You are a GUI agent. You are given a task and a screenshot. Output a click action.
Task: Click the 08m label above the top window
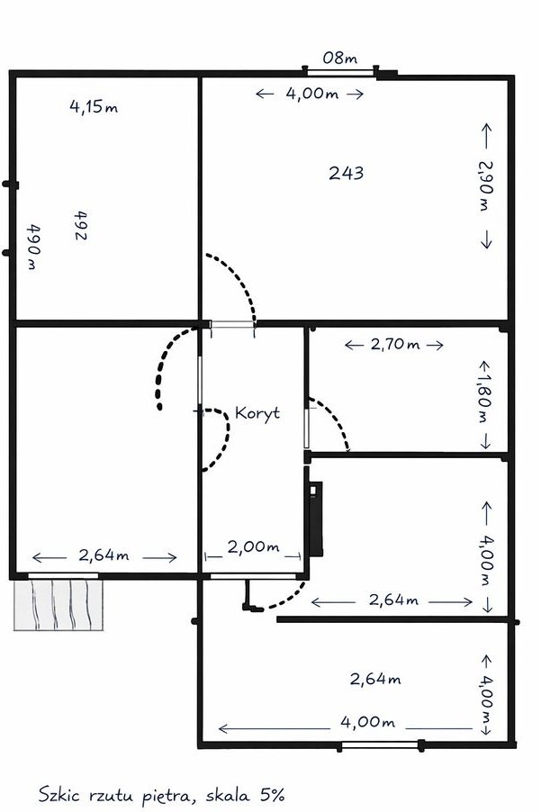(339, 58)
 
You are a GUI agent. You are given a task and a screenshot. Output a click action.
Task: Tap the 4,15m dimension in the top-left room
(94, 107)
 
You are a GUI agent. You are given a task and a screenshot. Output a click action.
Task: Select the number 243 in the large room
(347, 173)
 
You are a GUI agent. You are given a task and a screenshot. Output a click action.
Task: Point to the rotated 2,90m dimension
(485, 186)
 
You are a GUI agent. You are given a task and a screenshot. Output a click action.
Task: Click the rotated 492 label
(81, 225)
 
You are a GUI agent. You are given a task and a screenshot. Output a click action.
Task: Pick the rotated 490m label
(33, 247)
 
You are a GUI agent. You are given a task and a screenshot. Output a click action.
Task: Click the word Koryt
(257, 413)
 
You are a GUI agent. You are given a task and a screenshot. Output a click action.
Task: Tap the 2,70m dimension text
(394, 344)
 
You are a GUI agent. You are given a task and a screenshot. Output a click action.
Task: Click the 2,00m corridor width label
(253, 546)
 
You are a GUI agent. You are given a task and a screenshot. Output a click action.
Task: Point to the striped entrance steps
(59, 604)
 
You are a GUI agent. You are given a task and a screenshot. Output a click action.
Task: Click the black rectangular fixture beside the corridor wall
(315, 519)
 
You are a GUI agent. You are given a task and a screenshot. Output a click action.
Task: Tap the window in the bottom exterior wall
(380, 744)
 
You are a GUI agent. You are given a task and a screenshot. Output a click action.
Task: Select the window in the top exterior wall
(339, 71)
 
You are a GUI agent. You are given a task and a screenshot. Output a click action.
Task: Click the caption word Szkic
(59, 795)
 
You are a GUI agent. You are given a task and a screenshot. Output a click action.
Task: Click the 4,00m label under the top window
(311, 94)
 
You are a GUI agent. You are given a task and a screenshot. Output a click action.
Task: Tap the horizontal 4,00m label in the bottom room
(367, 722)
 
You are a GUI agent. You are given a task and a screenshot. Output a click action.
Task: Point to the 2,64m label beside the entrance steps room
(104, 555)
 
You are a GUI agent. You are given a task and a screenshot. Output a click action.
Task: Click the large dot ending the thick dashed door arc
(159, 407)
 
